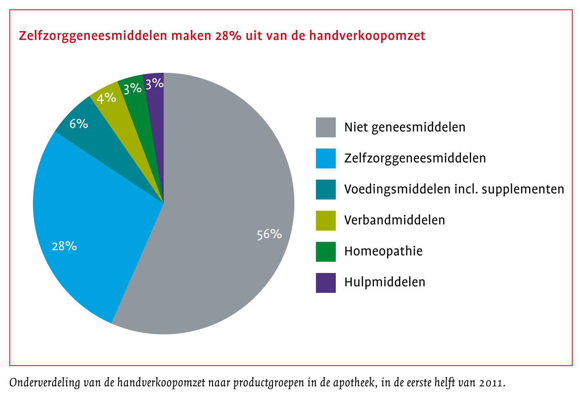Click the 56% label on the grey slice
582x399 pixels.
(269, 234)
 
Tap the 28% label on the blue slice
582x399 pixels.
(64, 246)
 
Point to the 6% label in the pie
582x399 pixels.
(79, 124)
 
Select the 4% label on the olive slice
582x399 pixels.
(106, 98)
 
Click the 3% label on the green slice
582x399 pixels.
(133, 88)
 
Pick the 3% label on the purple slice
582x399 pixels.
(154, 84)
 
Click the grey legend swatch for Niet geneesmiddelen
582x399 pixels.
(326, 127)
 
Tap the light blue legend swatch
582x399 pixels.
(326, 159)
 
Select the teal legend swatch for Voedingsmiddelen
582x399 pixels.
(326, 189)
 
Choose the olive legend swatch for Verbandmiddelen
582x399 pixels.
(326, 221)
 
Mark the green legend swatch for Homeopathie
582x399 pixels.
(326, 251)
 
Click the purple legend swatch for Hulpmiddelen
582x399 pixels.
(326, 283)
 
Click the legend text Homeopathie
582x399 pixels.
(383, 251)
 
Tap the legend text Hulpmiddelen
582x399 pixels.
(385, 282)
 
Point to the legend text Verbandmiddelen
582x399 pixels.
(395, 220)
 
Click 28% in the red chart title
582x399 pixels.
(228, 36)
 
